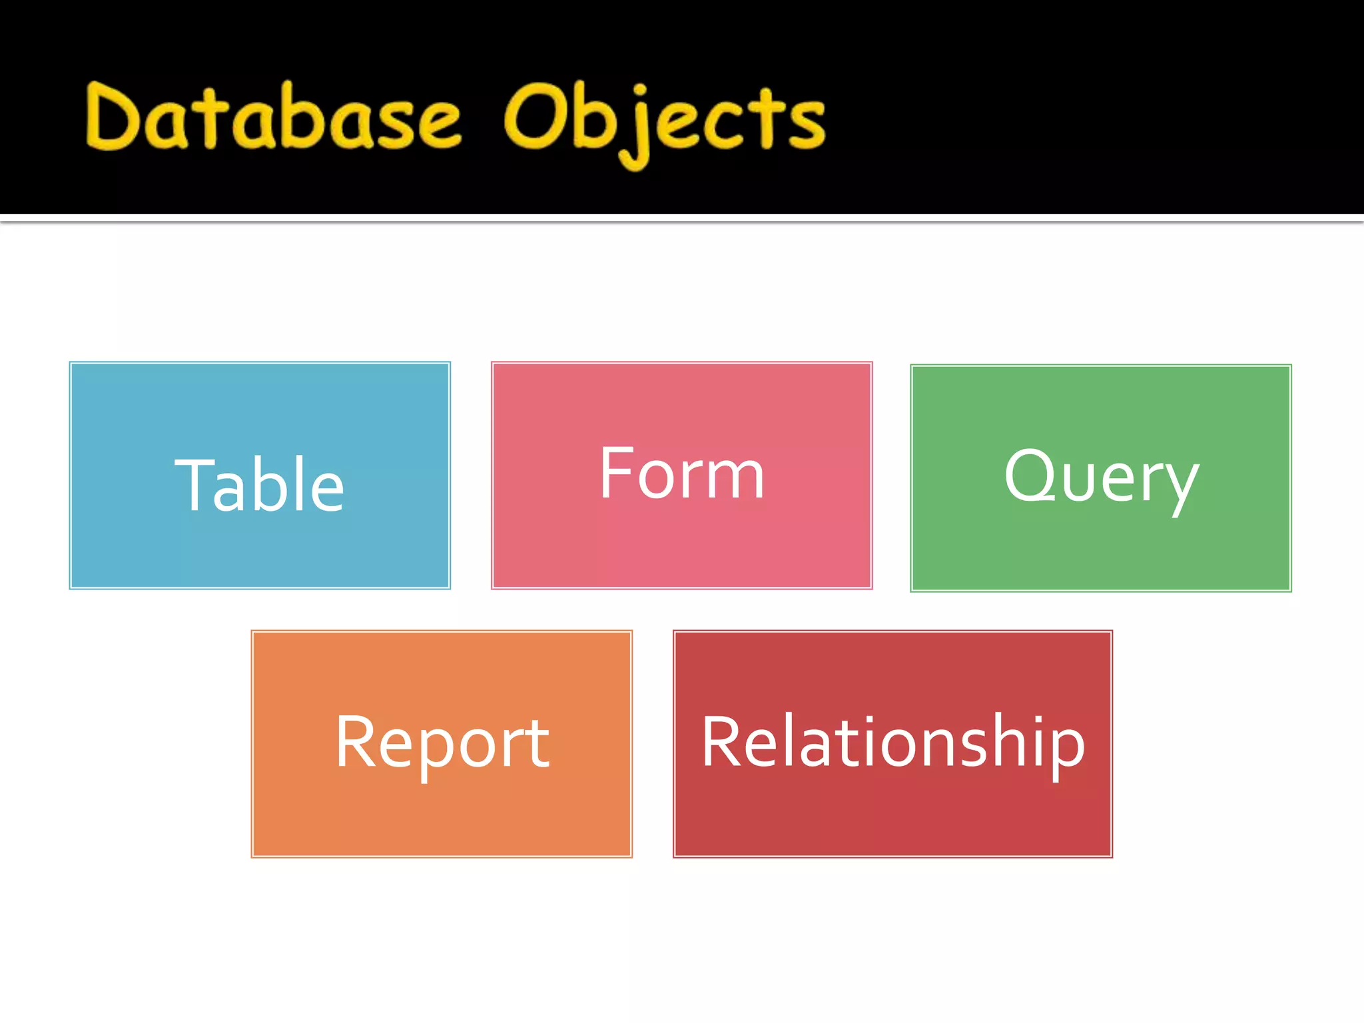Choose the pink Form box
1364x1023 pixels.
(681, 546)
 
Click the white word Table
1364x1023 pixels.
(260, 486)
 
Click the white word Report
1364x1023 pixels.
(442, 742)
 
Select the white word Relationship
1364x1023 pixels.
(893, 742)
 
